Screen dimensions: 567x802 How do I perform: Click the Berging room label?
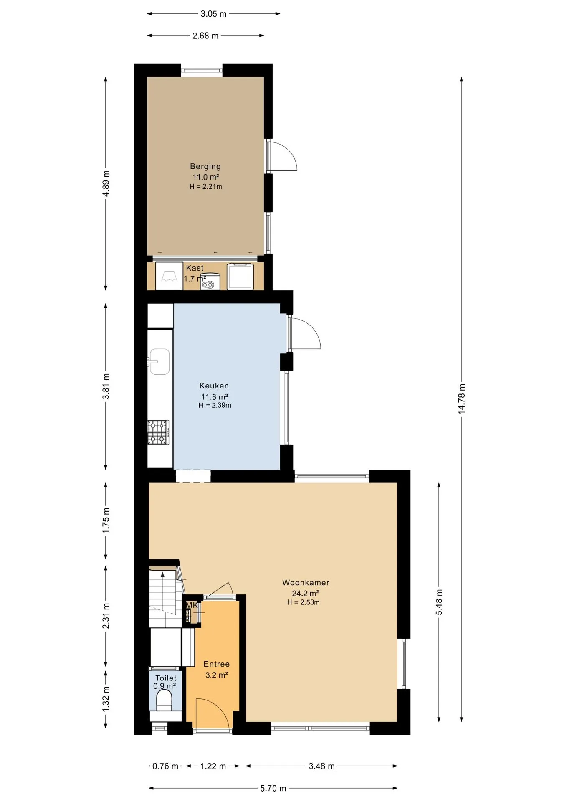pyautogui.click(x=205, y=166)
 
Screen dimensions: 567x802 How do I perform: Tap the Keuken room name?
pyautogui.click(x=214, y=386)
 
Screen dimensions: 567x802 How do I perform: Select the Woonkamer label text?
pyautogui.click(x=306, y=582)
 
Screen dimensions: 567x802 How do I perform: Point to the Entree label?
pyautogui.click(x=216, y=664)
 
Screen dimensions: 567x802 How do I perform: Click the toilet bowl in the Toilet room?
pyautogui.click(x=164, y=700)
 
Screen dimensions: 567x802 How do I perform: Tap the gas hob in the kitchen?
pyautogui.click(x=158, y=432)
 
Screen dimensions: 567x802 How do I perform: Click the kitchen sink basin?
pyautogui.click(x=159, y=362)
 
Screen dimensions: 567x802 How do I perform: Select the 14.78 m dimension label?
pyautogui.click(x=461, y=398)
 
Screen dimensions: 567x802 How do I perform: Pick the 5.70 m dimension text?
pyautogui.click(x=273, y=788)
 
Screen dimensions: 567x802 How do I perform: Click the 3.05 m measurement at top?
pyautogui.click(x=213, y=14)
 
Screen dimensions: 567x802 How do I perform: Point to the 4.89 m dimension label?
pyautogui.click(x=106, y=183)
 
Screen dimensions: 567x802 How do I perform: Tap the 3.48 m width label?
pyautogui.click(x=321, y=766)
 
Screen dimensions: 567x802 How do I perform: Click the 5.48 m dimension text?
pyautogui.click(x=439, y=602)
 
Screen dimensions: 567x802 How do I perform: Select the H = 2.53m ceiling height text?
pyautogui.click(x=304, y=602)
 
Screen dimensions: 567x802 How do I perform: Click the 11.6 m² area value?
pyautogui.click(x=215, y=397)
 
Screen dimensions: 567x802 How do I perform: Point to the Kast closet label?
pyautogui.click(x=195, y=268)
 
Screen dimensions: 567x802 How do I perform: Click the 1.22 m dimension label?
pyautogui.click(x=213, y=766)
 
